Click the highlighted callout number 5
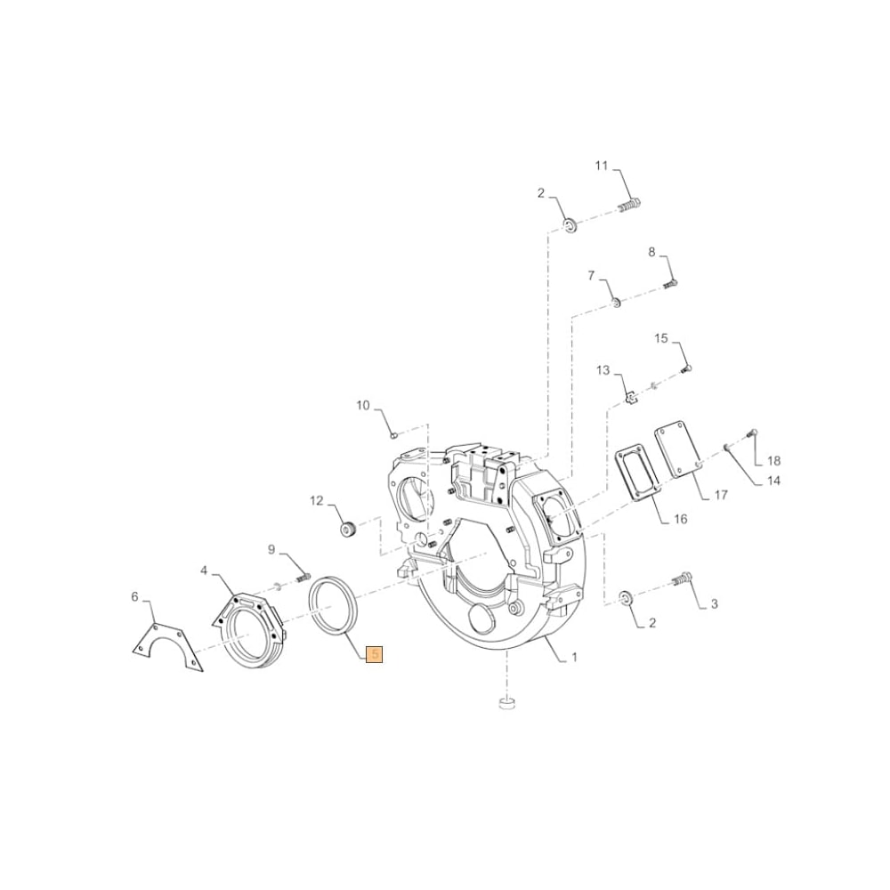pos(375,654)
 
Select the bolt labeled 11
pos(629,206)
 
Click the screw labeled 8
pos(671,284)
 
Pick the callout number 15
pos(661,338)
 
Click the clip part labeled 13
pos(628,398)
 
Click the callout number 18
pos(773,461)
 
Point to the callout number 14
pos(773,481)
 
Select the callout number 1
pos(574,658)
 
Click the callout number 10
pos(363,406)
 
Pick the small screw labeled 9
pos(301,578)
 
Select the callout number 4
pos(204,569)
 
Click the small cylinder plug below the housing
pos(506,705)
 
